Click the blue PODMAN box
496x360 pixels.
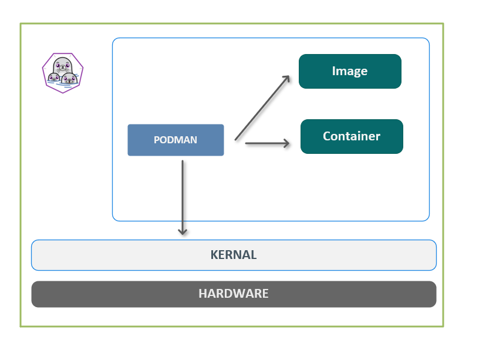[x=176, y=140]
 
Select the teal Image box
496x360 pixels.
[x=350, y=71]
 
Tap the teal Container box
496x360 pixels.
[x=352, y=136]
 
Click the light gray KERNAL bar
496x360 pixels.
[x=234, y=255]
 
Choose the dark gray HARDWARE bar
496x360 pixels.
[x=234, y=294]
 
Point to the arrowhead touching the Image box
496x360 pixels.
[x=286, y=78]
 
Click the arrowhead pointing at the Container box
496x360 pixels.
[x=286, y=143]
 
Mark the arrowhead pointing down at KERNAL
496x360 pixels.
[x=183, y=231]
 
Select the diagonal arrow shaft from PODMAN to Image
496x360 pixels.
[x=261, y=108]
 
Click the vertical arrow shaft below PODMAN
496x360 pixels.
[x=183, y=194]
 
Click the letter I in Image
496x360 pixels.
[x=334, y=71]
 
